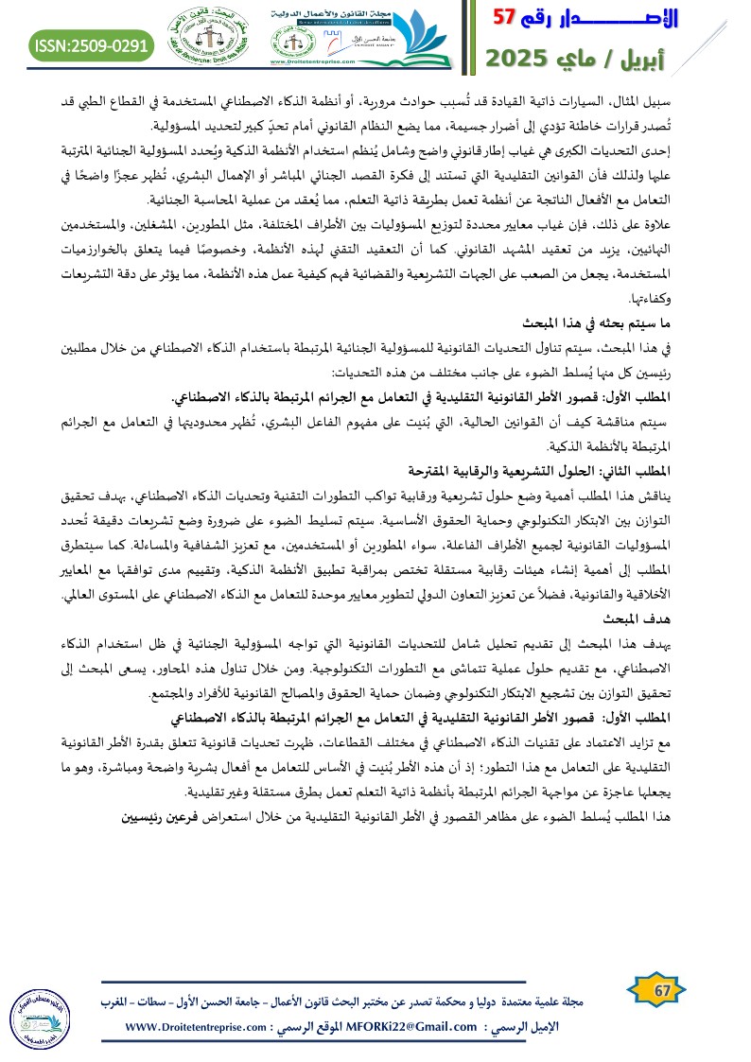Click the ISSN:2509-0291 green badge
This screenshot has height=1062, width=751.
point(93,44)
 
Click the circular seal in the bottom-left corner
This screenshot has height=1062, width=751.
point(36,1020)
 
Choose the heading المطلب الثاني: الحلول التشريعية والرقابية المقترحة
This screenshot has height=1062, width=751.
point(585,469)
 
